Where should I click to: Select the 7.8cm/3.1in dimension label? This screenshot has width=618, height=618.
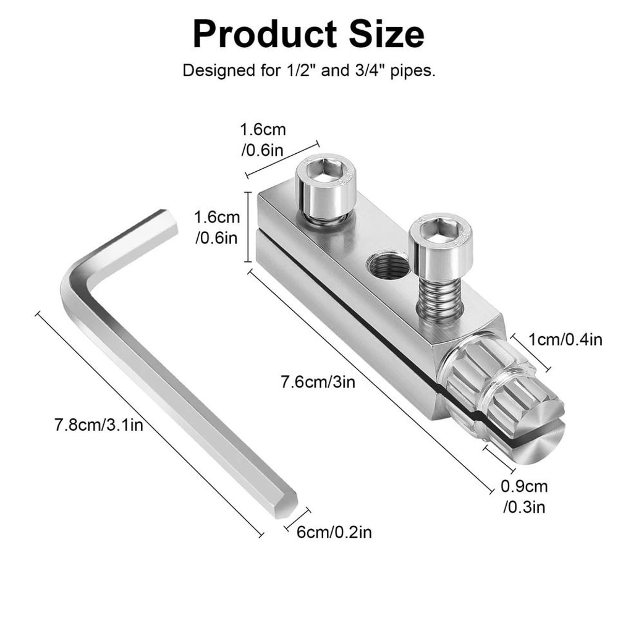(99, 426)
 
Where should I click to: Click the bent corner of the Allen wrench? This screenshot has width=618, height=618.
(77, 272)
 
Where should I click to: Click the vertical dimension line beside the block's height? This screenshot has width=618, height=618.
(249, 227)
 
